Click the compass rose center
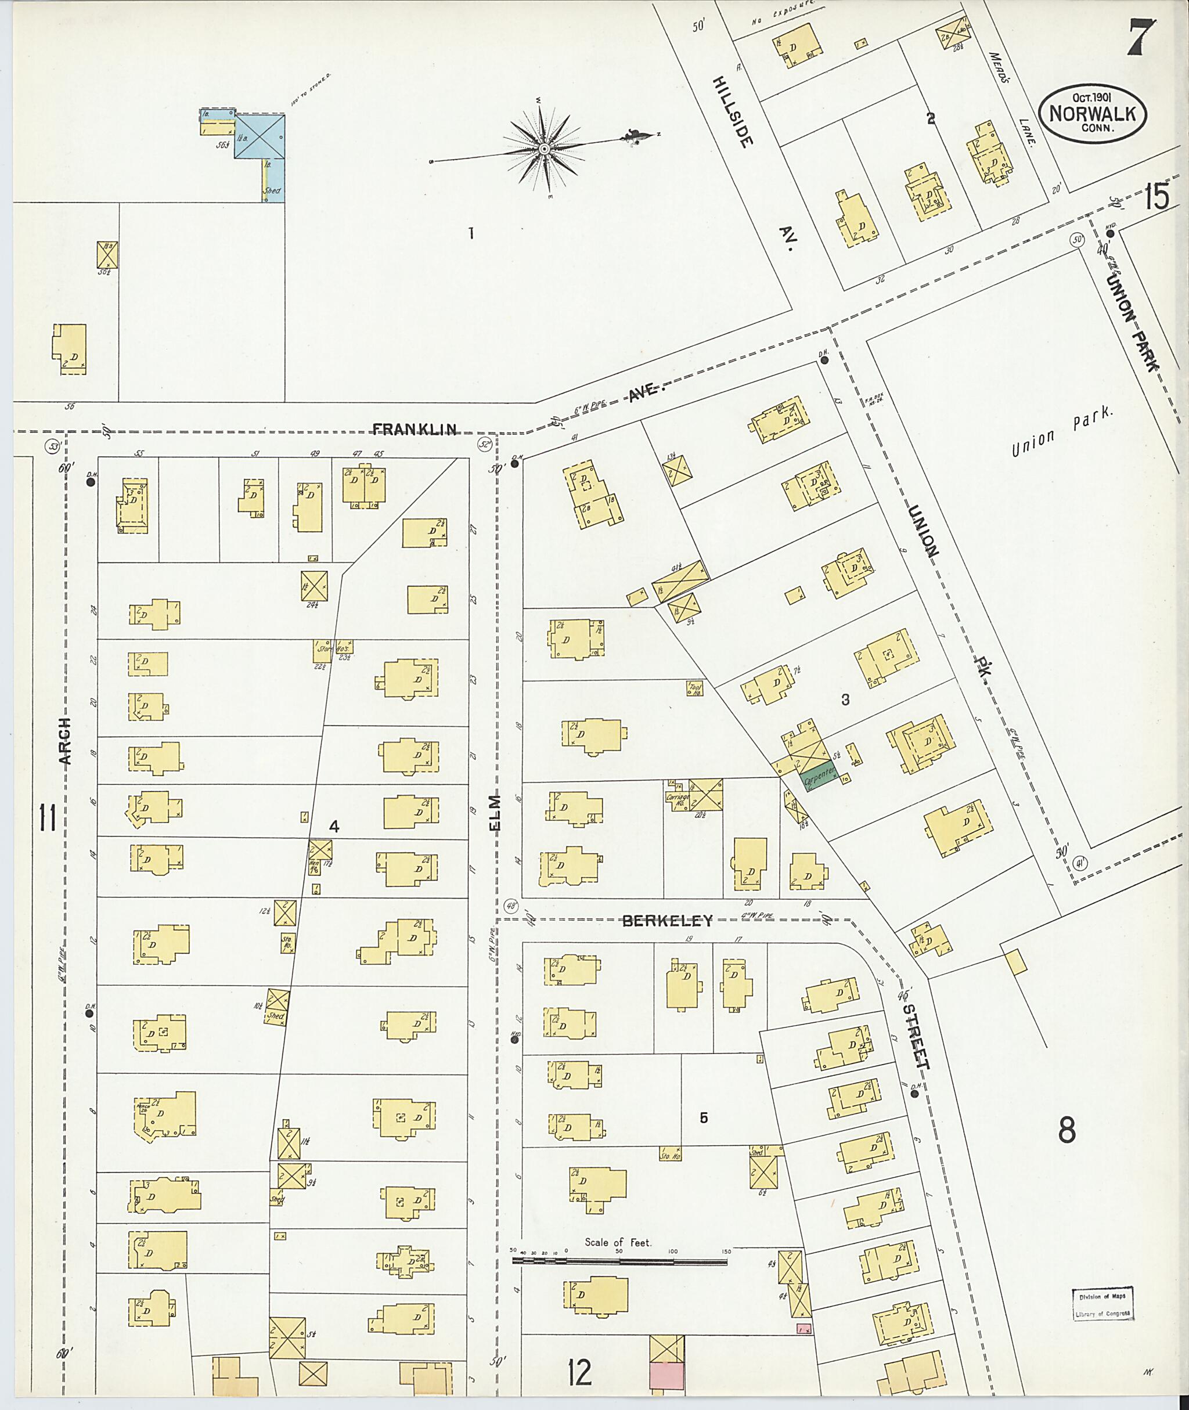click(x=543, y=148)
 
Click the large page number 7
click(x=1140, y=37)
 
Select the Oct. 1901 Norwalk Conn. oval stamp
click(x=1092, y=113)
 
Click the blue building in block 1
click(x=259, y=136)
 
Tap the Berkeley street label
click(x=666, y=921)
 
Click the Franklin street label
click(x=415, y=428)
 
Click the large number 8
click(x=1066, y=1130)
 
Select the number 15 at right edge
click(x=1155, y=197)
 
